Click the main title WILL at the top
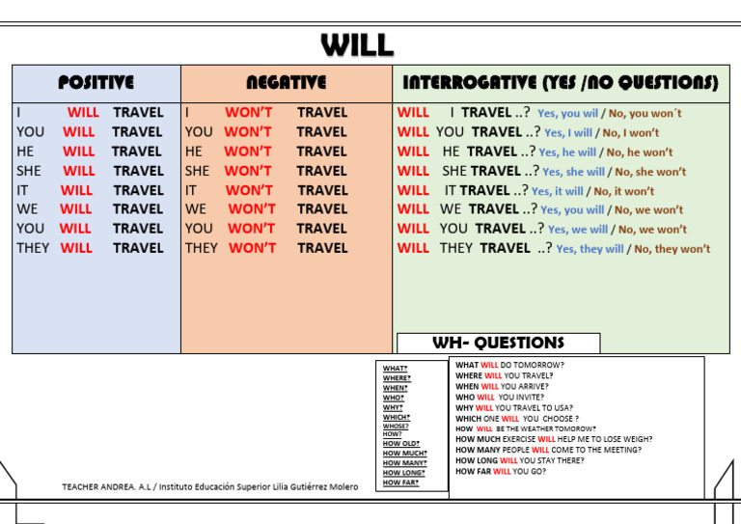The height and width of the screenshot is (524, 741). pos(357,44)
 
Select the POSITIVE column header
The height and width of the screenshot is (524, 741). pos(96,83)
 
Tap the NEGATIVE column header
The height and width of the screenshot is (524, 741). pos(286,83)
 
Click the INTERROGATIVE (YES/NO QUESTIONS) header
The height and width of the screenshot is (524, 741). pos(560,83)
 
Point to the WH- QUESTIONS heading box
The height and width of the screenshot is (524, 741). pos(498,343)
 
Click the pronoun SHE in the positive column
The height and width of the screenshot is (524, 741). pos(30,171)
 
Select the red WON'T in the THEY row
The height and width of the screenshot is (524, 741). pos(252,248)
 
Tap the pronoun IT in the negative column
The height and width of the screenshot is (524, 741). pos(192,190)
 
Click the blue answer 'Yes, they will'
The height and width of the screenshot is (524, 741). pos(590,249)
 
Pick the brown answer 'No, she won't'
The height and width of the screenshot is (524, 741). pos(650,172)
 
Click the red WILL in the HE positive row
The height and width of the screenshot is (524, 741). pos(79,152)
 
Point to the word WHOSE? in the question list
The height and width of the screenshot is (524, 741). pos(396,426)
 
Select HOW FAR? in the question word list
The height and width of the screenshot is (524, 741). pos(400,483)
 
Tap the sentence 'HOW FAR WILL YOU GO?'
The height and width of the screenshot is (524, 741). pos(501,471)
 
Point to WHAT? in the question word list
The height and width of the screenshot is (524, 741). pos(395,369)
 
